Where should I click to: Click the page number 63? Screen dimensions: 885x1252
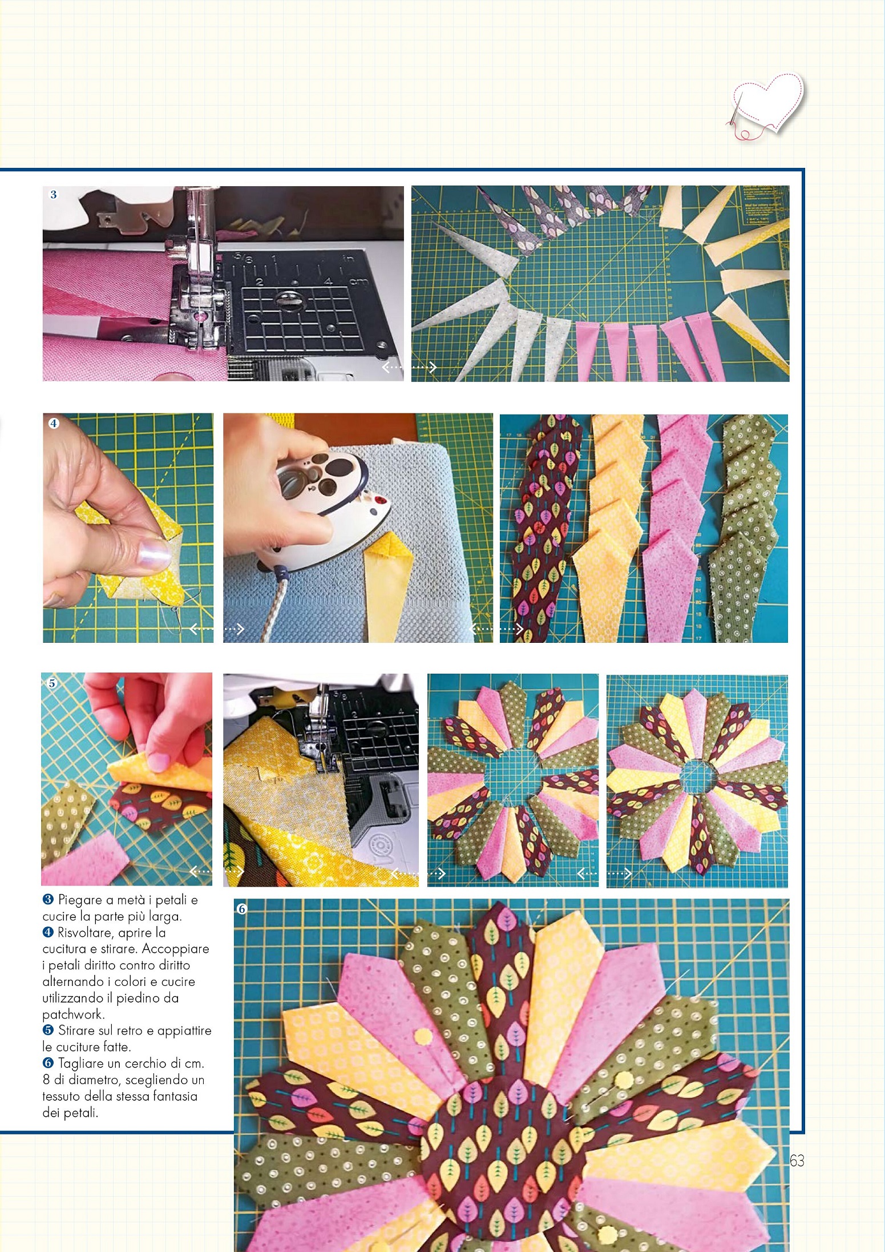click(x=797, y=1160)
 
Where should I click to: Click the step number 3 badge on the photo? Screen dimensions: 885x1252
click(x=54, y=195)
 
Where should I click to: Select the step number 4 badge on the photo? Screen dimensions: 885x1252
click(x=54, y=423)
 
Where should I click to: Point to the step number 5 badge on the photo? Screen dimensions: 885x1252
click(x=52, y=683)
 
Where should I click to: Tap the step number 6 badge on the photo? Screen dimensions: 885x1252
click(x=242, y=908)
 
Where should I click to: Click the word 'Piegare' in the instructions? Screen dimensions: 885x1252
click(x=79, y=900)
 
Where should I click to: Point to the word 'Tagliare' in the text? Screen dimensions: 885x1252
click(x=79, y=1064)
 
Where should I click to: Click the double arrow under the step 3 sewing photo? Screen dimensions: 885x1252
click(x=409, y=367)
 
